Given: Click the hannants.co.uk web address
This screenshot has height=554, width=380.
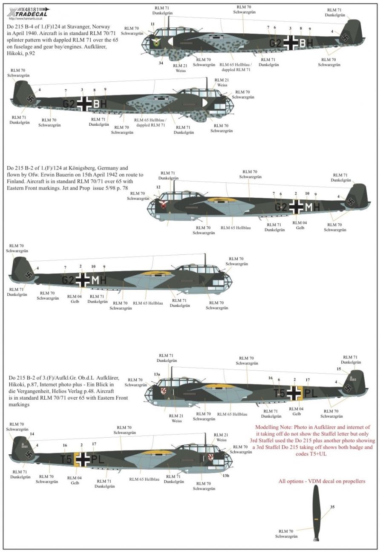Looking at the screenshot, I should (x=24, y=18).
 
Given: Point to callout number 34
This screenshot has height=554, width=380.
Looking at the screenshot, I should (x=161, y=63).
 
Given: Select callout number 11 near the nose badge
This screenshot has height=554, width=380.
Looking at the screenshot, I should (x=153, y=24).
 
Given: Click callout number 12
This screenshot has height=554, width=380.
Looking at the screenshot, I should (x=158, y=187).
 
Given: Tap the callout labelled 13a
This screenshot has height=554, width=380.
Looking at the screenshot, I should (x=157, y=374).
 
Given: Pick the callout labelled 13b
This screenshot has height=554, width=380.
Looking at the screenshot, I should (x=226, y=476).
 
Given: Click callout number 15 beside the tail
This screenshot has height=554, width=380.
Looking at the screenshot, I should (x=339, y=369).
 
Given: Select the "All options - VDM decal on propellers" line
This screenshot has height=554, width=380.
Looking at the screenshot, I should (x=322, y=482).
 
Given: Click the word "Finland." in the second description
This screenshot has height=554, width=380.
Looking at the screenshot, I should (x=17, y=181).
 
